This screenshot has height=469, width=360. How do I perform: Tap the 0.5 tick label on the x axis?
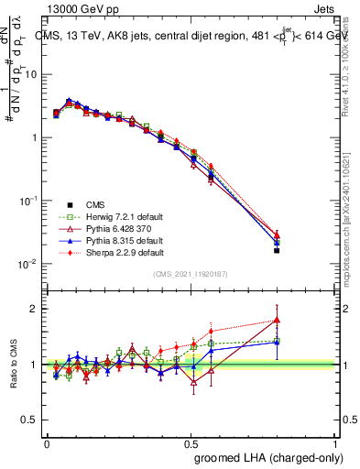[x=191, y=443]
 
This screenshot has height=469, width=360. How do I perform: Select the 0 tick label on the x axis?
[x=47, y=443]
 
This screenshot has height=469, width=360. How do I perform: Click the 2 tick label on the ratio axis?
[x=34, y=309]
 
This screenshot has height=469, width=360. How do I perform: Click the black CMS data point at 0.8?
[x=277, y=250]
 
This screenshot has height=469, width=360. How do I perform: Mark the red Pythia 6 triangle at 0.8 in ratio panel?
[x=277, y=321]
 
